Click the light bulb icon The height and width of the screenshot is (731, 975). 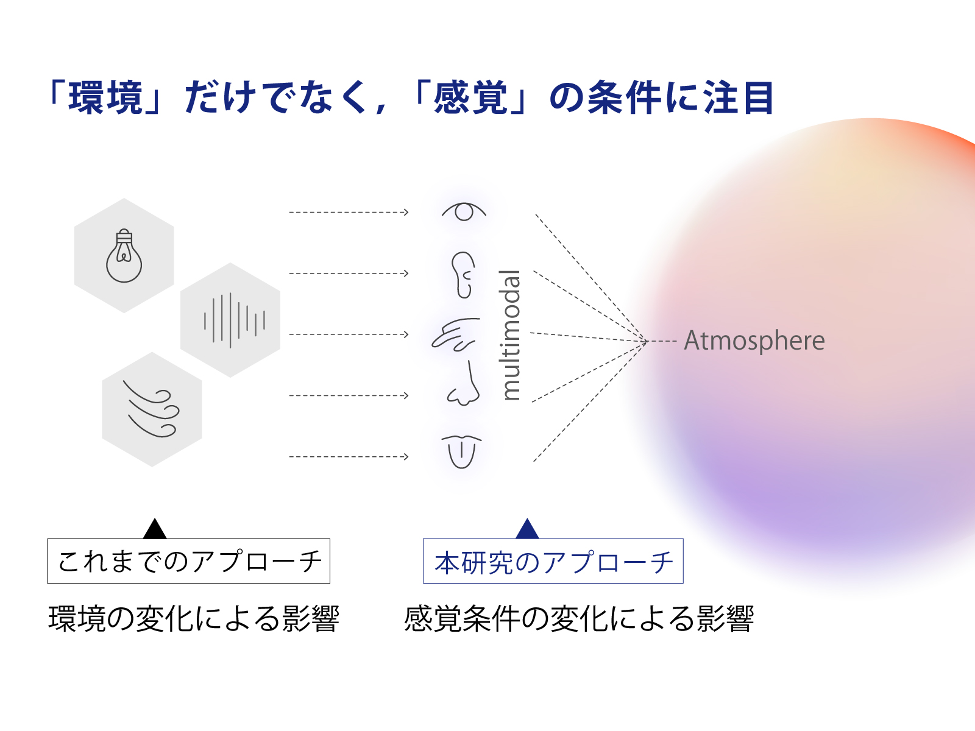tap(124, 256)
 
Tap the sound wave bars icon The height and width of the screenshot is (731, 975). tap(234, 320)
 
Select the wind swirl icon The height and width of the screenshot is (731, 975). tap(151, 409)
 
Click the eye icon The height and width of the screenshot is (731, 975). tap(464, 211)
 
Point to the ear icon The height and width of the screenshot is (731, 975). tap(463, 275)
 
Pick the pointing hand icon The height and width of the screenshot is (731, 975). tap(455, 334)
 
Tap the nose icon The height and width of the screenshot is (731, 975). tap(464, 385)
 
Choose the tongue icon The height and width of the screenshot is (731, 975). tap(461, 451)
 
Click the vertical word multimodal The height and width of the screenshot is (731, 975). tap(511, 335)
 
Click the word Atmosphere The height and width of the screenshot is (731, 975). tap(754, 341)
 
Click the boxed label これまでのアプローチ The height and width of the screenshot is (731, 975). tap(189, 561)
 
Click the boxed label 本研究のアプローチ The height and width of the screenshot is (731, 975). tap(553, 561)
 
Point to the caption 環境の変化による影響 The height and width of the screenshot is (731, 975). tap(194, 619)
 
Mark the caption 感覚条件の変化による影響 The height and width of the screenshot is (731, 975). tap(579, 619)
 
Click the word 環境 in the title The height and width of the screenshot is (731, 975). tap(105, 97)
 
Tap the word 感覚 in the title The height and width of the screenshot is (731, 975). tap(470, 97)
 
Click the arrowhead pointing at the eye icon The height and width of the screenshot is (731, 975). tap(406, 212)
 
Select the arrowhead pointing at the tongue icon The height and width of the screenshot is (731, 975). tap(406, 456)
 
